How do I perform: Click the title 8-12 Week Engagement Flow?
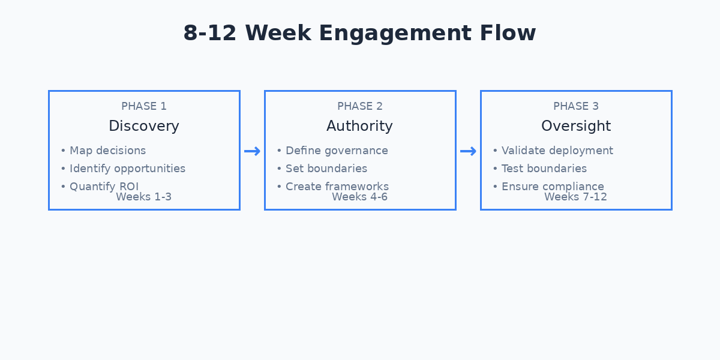(359, 33)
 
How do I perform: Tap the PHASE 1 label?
(144, 106)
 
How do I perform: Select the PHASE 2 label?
(360, 106)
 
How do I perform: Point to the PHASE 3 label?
(576, 106)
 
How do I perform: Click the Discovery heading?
(144, 126)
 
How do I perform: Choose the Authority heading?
(360, 126)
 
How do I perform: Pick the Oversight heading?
(576, 126)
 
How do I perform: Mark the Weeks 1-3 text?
(144, 197)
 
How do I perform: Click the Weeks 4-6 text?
(360, 197)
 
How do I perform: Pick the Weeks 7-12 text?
(576, 197)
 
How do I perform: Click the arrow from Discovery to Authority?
(252, 151)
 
